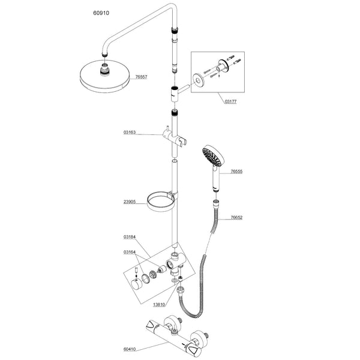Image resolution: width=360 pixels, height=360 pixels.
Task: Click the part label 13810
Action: point(142,305)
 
